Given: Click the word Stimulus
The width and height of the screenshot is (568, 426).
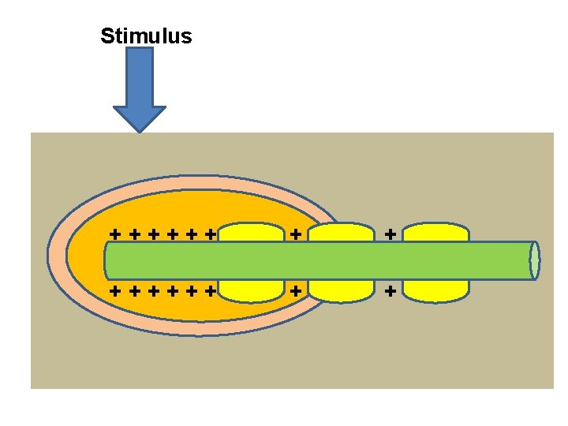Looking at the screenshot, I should point(146,36).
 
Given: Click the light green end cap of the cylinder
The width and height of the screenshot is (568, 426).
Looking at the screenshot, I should point(535,260).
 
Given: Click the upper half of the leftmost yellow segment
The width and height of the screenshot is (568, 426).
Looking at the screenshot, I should point(251,232).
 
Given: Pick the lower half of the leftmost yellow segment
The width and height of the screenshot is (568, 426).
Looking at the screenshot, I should point(251,290).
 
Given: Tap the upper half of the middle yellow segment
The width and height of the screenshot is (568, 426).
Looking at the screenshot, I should point(341,232).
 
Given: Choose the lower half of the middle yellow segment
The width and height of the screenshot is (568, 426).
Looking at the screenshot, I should point(341,290).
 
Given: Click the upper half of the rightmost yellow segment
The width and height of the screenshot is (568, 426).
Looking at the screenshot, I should point(436,232).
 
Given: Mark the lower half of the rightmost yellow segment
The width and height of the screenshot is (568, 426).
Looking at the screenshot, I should point(436,290).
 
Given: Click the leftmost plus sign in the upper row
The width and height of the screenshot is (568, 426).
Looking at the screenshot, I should point(115,234).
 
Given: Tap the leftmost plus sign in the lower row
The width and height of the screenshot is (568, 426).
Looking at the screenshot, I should point(115,290).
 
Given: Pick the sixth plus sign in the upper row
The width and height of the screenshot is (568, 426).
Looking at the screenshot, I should point(210,234).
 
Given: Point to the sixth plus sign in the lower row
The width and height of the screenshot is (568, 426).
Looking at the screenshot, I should point(210,290).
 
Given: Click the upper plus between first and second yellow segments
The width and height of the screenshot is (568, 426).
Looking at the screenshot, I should point(296,234).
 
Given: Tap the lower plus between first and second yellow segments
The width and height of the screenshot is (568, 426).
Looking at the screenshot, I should point(296,290).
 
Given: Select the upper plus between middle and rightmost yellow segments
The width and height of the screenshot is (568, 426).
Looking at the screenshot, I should point(390,234).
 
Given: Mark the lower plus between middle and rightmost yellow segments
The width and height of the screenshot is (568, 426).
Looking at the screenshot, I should point(390,290).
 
